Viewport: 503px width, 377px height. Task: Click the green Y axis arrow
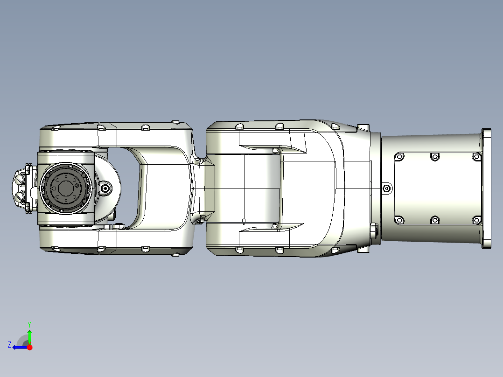point(29,336)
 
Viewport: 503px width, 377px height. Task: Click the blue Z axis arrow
point(19,347)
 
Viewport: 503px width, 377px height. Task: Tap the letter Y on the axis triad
point(29,324)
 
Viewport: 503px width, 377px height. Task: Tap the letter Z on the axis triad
point(9,345)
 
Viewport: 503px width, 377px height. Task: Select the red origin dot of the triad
point(30,347)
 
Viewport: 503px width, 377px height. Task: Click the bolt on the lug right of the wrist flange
point(106,188)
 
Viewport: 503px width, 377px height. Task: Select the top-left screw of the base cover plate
point(399,157)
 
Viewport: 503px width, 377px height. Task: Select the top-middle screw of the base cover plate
point(435,157)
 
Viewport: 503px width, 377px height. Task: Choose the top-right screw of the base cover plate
point(476,157)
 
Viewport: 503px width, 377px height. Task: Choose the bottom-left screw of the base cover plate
point(399,220)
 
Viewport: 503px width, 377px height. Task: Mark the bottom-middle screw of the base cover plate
point(435,220)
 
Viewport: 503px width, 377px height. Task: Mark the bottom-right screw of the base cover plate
point(476,220)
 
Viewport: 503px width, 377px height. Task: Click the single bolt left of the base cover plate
point(387,188)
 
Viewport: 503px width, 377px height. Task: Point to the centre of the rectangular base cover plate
point(437,188)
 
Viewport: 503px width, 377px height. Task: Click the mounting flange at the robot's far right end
point(487,188)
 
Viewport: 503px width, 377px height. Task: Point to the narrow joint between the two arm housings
point(199,188)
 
